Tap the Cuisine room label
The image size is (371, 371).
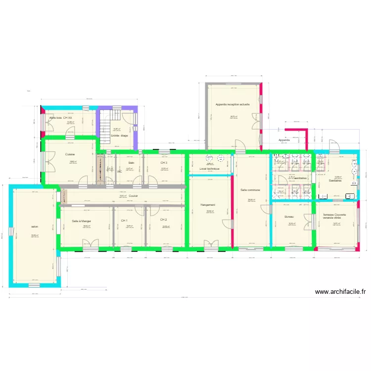point(70,154)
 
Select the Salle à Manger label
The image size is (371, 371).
point(81,221)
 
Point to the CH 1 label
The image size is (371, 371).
point(124,221)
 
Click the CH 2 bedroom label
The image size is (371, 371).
point(163,220)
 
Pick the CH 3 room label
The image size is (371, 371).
point(163,162)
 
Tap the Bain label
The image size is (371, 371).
point(131,163)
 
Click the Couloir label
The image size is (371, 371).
point(133,196)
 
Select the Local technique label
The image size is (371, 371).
point(209,169)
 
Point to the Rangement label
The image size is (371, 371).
point(208,205)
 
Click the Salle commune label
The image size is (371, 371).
point(250,190)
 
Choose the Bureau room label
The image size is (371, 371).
point(290,217)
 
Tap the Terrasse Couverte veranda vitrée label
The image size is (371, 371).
point(335,216)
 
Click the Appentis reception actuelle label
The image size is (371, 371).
point(232,104)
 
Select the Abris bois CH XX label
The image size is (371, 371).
point(64,118)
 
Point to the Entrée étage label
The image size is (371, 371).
point(119,135)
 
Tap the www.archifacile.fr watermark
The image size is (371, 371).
point(340,292)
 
